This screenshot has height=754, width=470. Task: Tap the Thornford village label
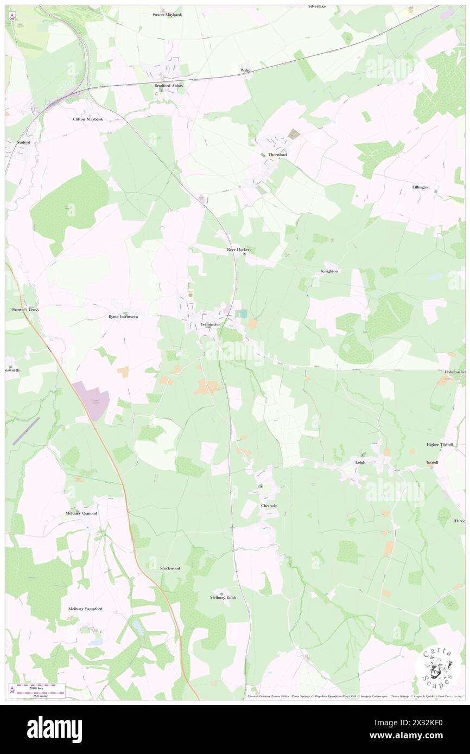tap(277, 155)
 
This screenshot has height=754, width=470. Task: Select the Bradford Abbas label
tap(168, 86)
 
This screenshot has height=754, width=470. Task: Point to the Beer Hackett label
tap(239, 250)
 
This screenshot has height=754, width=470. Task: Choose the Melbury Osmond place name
tap(81, 513)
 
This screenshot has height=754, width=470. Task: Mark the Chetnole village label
tap(269, 506)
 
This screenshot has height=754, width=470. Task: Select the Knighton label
tap(329, 271)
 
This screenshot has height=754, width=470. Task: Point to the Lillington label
tap(421, 187)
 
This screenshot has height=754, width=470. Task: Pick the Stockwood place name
tap(170, 568)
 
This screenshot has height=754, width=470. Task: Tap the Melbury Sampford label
tap(85, 609)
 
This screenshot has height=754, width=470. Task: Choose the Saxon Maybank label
tap(167, 15)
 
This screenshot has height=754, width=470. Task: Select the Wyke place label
tap(245, 71)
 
